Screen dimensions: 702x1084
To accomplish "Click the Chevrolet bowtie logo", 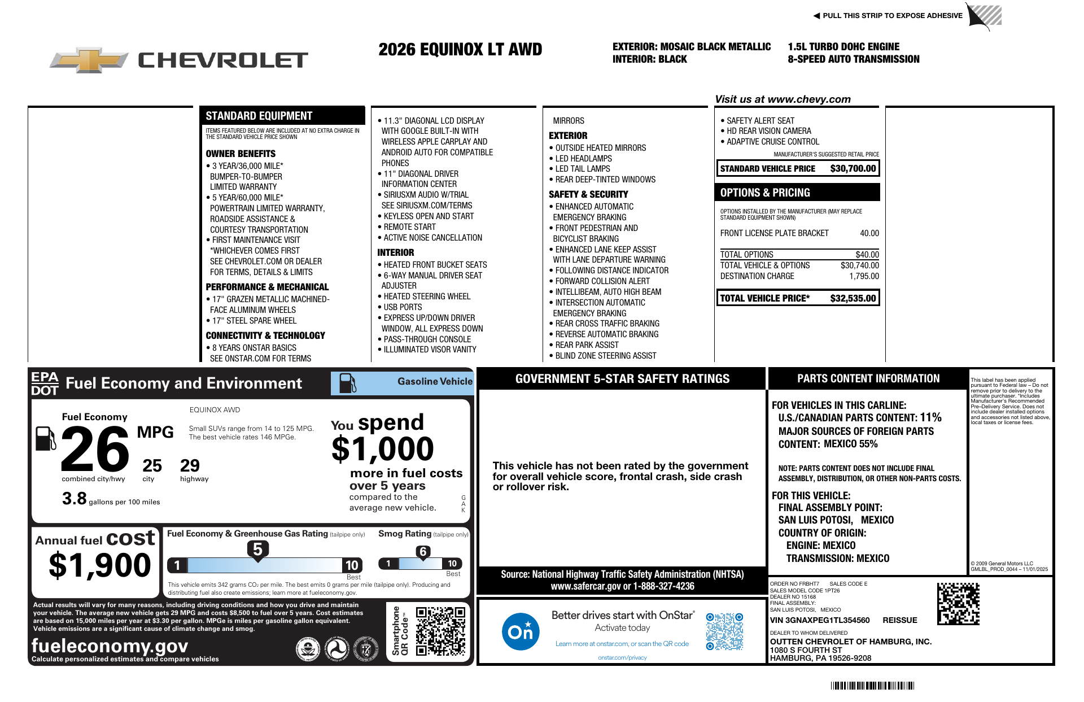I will pos(89,60).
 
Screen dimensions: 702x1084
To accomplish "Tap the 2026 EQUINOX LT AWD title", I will pos(460,50).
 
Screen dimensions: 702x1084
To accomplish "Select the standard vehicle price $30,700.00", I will pos(853,168).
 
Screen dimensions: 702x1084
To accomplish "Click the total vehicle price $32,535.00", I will pos(853,298).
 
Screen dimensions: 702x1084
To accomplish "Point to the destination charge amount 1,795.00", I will pos(864,276).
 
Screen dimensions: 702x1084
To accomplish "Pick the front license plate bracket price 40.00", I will pos(869,233).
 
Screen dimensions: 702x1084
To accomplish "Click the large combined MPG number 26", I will pos(95,449).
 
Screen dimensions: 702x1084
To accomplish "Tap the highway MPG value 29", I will pos(190,465).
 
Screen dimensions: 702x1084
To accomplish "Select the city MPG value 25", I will pos(152,465).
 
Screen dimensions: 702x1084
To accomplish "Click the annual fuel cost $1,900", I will pos(100,565).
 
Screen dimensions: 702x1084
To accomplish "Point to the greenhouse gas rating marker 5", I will pos(257,550).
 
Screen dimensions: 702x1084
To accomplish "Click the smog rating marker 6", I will pos(423,552).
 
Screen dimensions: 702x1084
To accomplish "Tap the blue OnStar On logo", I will pos(520,631).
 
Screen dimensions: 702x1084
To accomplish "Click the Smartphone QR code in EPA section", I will pos(440,631).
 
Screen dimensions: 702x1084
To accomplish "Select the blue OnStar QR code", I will pos(724,631).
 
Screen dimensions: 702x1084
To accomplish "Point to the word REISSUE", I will pos(899,620).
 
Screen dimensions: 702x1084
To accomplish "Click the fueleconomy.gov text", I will pos(110,646).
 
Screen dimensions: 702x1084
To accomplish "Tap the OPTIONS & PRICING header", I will pos(765,193).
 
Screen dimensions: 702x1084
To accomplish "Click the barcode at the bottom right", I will pos(872,686).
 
